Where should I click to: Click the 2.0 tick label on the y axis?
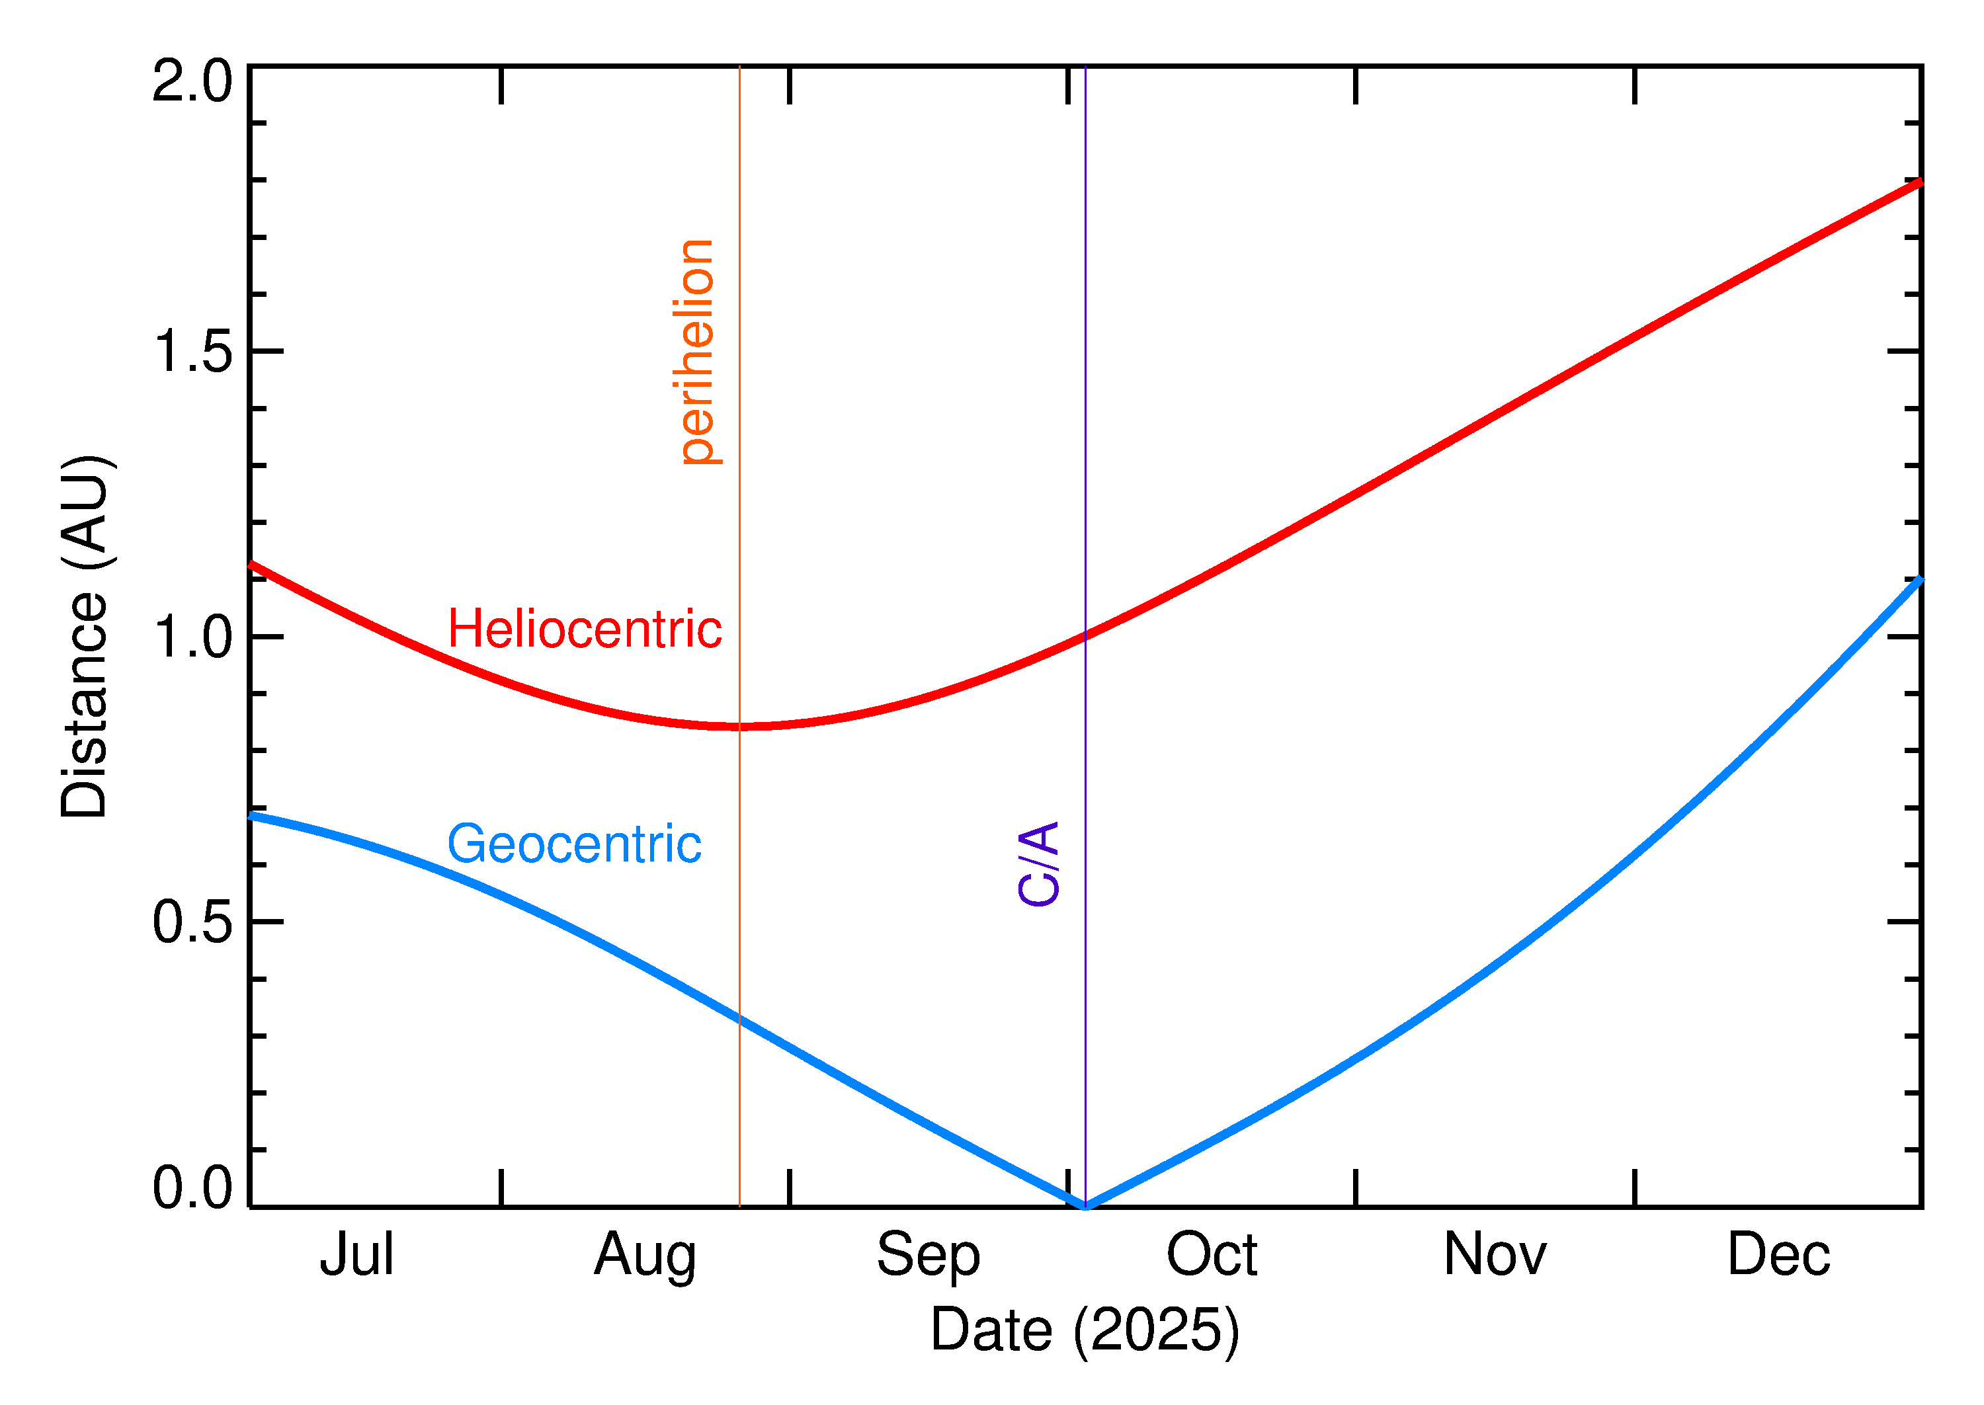point(192,82)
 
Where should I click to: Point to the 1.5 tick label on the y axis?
point(192,352)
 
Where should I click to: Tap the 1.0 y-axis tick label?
point(192,637)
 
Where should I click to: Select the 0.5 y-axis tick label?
point(192,922)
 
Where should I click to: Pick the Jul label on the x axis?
point(356,1254)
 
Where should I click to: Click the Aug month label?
point(645,1256)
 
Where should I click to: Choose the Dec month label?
point(1778,1254)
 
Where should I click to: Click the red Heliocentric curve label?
point(584,629)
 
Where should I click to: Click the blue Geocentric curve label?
point(573,844)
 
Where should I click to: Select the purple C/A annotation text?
point(1038,864)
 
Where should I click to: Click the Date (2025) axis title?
point(1084,1330)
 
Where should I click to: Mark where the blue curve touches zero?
point(1085,1205)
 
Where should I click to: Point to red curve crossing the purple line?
point(1085,637)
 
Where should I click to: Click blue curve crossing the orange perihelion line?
point(739,1019)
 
